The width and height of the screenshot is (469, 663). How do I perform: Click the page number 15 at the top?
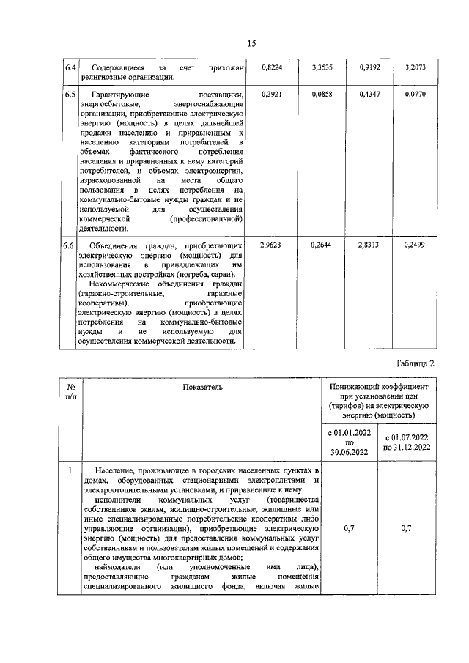(251, 44)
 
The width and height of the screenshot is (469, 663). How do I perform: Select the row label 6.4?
(70, 67)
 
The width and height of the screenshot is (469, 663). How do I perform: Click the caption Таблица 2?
(415, 363)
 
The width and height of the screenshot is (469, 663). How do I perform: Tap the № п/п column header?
(72, 390)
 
